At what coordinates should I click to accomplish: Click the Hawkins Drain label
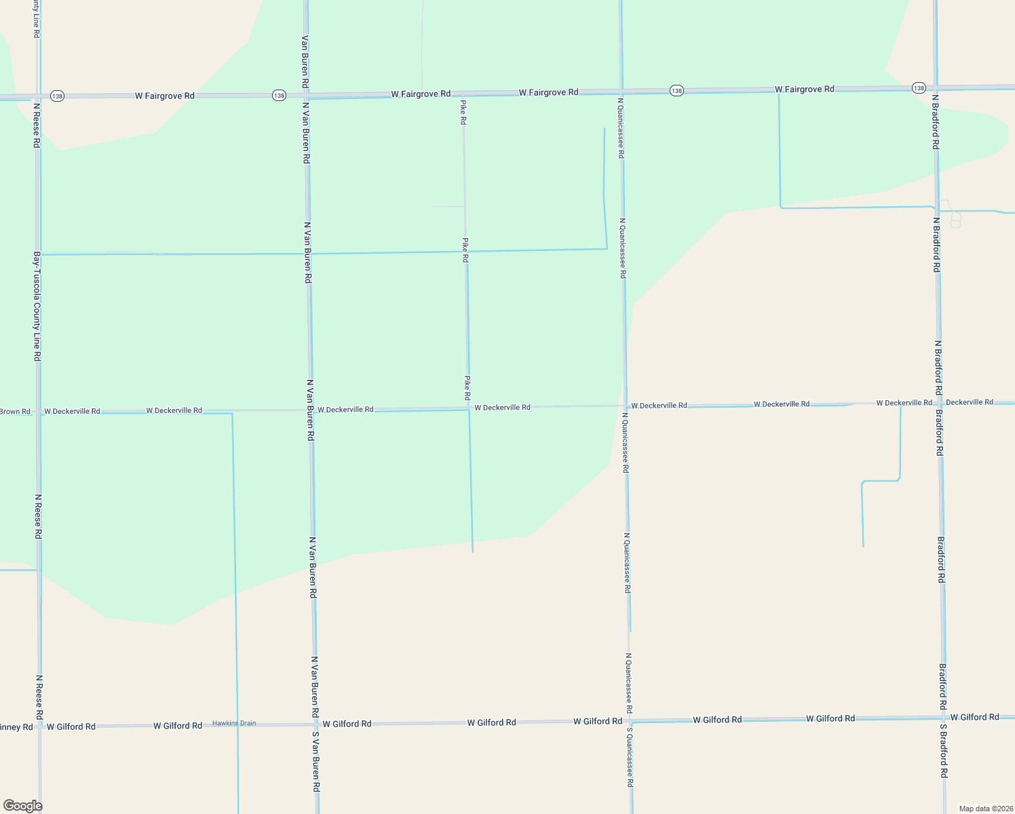click(x=234, y=723)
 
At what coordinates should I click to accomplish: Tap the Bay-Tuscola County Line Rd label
click(x=37, y=306)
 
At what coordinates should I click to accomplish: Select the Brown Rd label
click(x=15, y=412)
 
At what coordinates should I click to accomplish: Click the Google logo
click(x=22, y=806)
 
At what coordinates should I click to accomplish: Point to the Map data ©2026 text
click(x=985, y=809)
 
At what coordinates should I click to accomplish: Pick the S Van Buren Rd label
click(x=315, y=762)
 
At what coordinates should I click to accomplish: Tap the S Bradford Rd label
click(x=944, y=750)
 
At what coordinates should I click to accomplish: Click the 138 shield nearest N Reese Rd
click(x=57, y=96)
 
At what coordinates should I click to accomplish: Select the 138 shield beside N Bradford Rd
click(x=919, y=88)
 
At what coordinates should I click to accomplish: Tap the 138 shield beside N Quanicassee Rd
click(x=676, y=91)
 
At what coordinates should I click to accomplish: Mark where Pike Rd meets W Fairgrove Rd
click(x=463, y=94)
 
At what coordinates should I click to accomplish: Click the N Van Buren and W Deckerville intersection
click(x=310, y=410)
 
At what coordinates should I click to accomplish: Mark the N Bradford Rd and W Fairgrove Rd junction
click(x=936, y=88)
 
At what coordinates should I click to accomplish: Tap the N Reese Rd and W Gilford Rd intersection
click(x=39, y=726)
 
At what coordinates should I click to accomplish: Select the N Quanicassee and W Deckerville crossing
click(x=625, y=406)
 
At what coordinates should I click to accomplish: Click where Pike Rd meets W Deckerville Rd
click(x=467, y=408)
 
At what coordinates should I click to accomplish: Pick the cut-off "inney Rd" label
click(x=16, y=727)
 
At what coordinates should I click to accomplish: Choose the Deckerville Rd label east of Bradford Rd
click(x=970, y=402)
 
